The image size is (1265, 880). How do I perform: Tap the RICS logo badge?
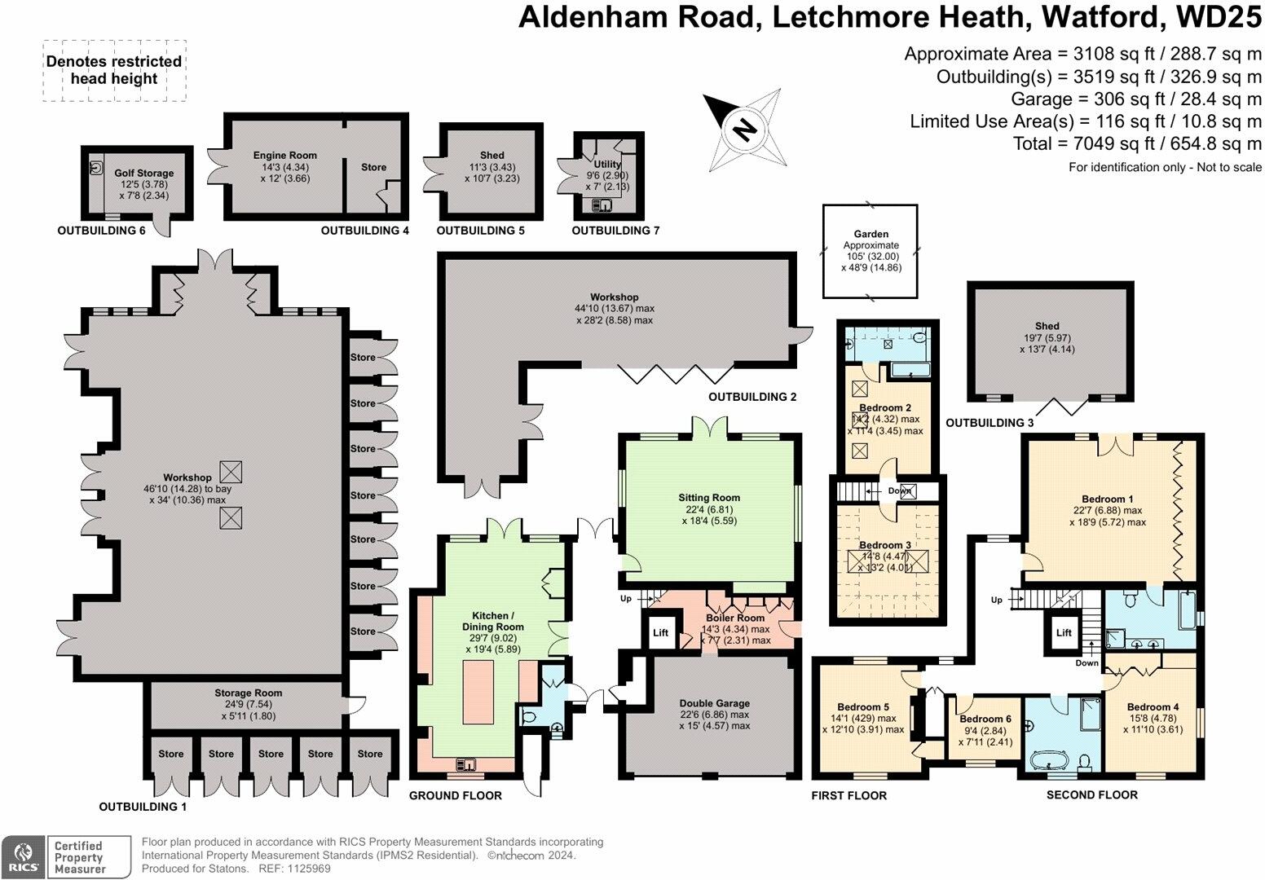23,857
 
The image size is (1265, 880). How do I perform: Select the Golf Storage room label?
144,174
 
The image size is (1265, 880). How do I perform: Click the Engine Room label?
284,156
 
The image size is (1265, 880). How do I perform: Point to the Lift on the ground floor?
661,633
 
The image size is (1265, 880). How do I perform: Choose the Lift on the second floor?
1064,633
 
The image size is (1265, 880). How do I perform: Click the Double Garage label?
714,703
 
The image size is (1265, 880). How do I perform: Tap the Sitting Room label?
709,498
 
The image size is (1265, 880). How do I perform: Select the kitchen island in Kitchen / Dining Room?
478,693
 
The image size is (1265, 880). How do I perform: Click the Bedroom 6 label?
985,719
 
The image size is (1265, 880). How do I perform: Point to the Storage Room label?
248,693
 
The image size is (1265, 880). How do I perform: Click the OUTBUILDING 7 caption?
615,231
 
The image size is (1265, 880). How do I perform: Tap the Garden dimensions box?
871,251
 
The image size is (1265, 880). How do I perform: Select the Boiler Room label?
735,618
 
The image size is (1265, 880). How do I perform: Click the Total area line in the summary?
1137,144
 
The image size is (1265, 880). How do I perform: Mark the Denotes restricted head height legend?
114,71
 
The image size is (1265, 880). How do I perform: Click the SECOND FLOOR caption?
1091,794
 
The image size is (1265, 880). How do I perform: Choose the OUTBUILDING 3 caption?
990,423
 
